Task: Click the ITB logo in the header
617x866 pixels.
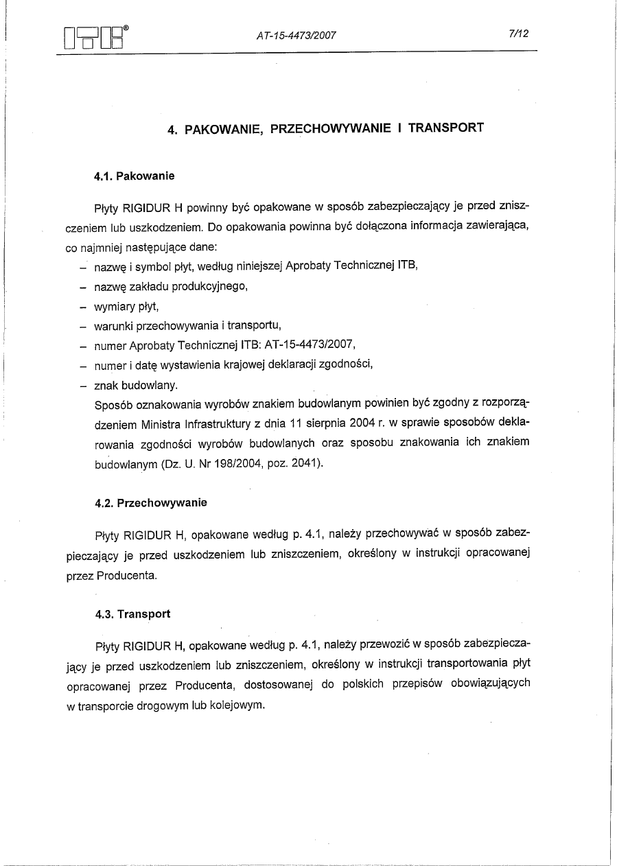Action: click(93, 38)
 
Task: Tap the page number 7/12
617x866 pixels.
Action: click(518, 34)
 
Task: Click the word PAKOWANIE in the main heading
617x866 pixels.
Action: click(224, 128)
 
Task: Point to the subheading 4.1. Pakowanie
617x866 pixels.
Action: click(135, 176)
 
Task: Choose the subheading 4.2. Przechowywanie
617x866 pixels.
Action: click(151, 503)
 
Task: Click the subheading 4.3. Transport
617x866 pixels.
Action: click(132, 614)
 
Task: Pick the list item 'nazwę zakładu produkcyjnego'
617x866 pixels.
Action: click(170, 286)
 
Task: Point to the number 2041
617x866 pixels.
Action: click(304, 464)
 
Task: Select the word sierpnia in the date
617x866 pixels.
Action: click(323, 424)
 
